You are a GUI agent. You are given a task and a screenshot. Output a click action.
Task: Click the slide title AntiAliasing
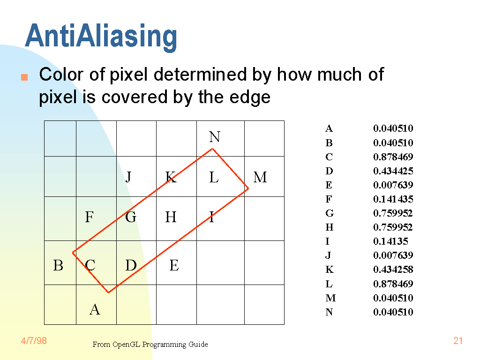[x=101, y=37]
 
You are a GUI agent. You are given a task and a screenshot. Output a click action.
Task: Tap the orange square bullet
[x=24, y=77]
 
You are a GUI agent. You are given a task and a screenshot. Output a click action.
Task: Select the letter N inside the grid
[x=215, y=137]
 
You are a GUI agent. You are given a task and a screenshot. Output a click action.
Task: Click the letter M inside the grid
[x=260, y=177]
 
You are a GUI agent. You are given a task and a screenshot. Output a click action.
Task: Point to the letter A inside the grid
[x=95, y=309]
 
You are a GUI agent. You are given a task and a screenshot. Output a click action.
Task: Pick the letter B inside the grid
[x=58, y=265]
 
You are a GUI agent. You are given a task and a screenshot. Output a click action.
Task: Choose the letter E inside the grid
[x=174, y=265]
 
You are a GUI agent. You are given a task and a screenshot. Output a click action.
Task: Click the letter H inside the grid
[x=171, y=217]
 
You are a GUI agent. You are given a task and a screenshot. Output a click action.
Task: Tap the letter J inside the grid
[x=128, y=177]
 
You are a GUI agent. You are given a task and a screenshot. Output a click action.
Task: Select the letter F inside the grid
[x=89, y=217]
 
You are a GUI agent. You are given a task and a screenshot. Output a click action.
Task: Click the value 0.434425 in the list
[x=393, y=171]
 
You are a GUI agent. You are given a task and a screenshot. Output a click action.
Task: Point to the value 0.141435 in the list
[x=393, y=199]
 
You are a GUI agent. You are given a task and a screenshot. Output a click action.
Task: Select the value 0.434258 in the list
[x=393, y=270]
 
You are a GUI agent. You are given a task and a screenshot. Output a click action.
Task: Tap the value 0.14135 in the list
[x=390, y=241]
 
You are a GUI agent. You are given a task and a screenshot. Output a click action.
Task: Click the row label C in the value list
[x=329, y=157]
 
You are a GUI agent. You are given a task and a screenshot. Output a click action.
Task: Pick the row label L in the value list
[x=329, y=284]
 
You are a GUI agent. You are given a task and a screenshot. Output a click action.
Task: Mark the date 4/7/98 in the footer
[x=34, y=341]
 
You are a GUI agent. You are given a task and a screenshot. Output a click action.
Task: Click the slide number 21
[x=458, y=341]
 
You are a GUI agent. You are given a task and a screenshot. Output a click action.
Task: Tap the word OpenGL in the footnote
[x=126, y=345]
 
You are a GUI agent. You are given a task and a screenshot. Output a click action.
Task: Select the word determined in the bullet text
[x=200, y=75]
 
